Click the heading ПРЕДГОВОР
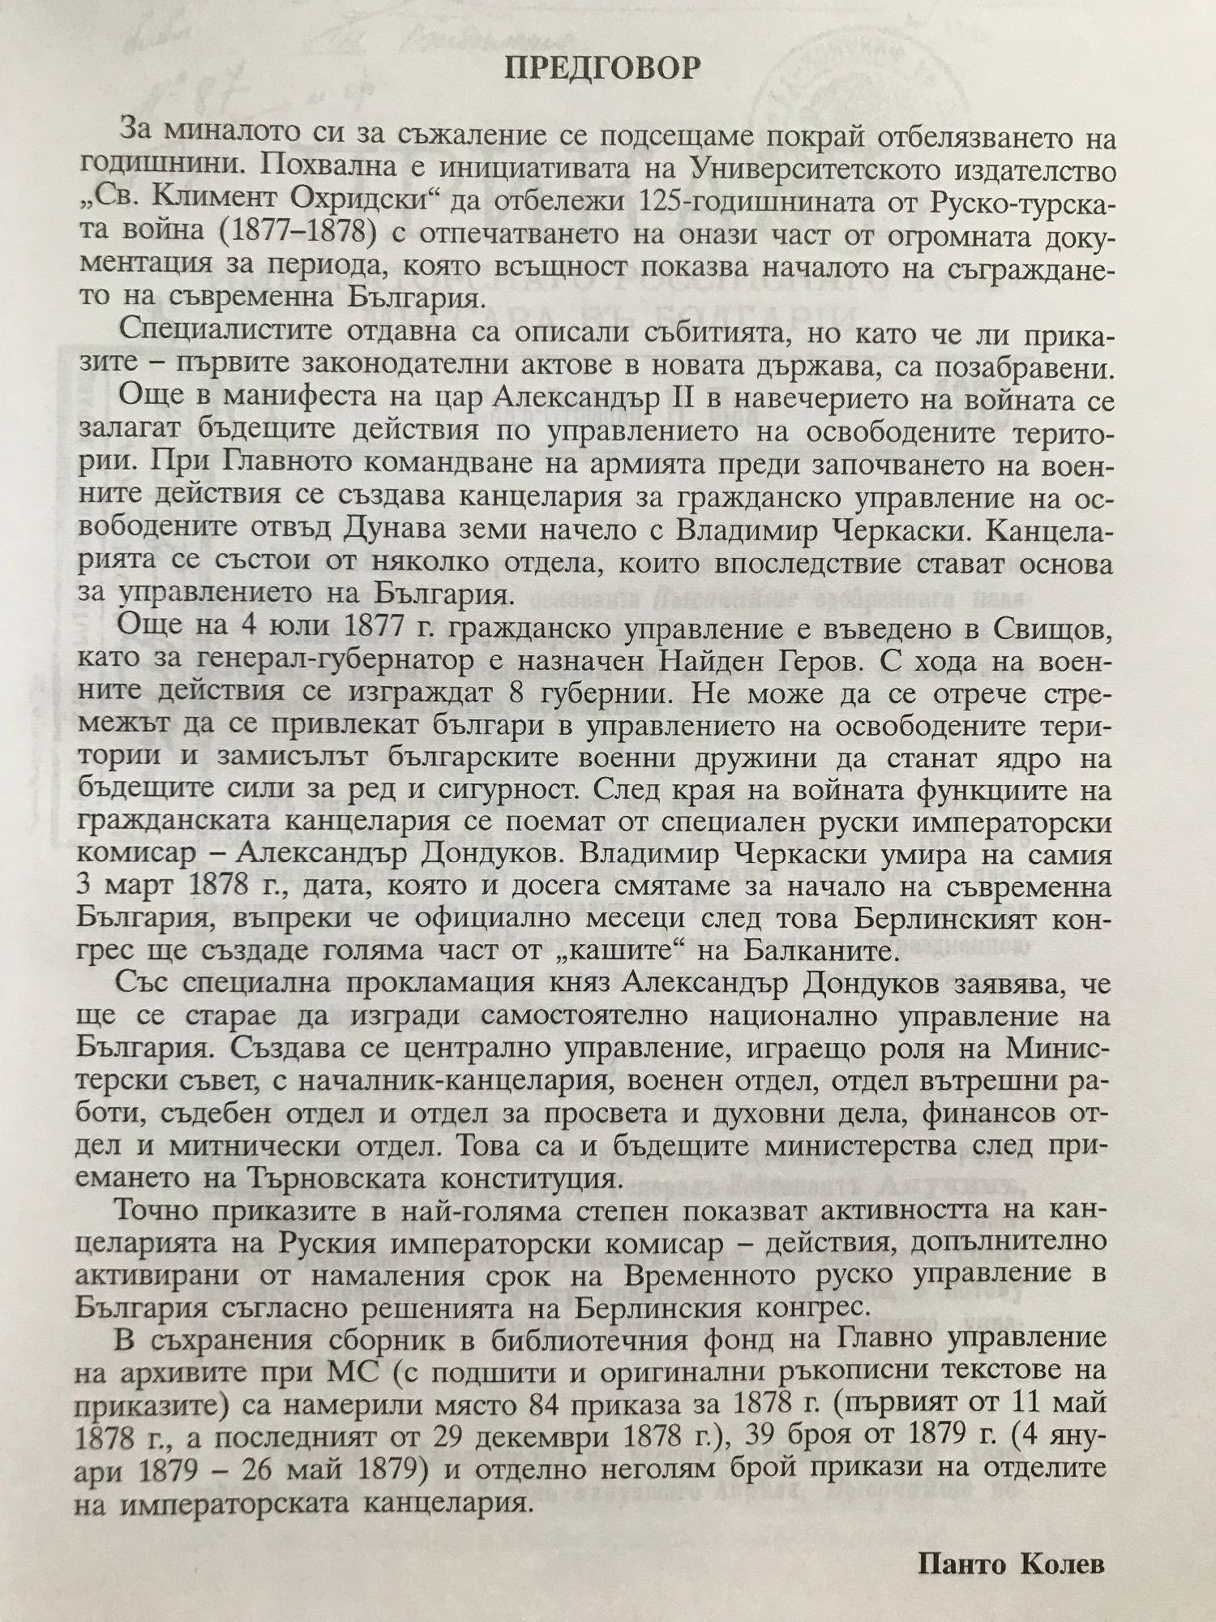[x=602, y=69]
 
